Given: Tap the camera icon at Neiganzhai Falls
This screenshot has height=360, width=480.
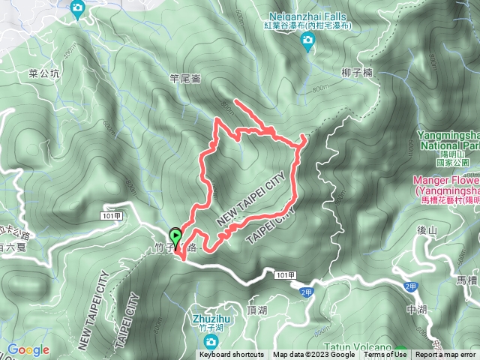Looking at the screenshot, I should [307, 44].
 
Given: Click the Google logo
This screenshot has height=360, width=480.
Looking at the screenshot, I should [28, 349].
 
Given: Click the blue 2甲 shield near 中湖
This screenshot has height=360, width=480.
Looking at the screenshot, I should [409, 286].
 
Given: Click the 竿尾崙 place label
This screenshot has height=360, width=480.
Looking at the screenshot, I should [185, 76].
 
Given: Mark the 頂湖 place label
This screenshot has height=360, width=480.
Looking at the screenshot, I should [256, 308].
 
